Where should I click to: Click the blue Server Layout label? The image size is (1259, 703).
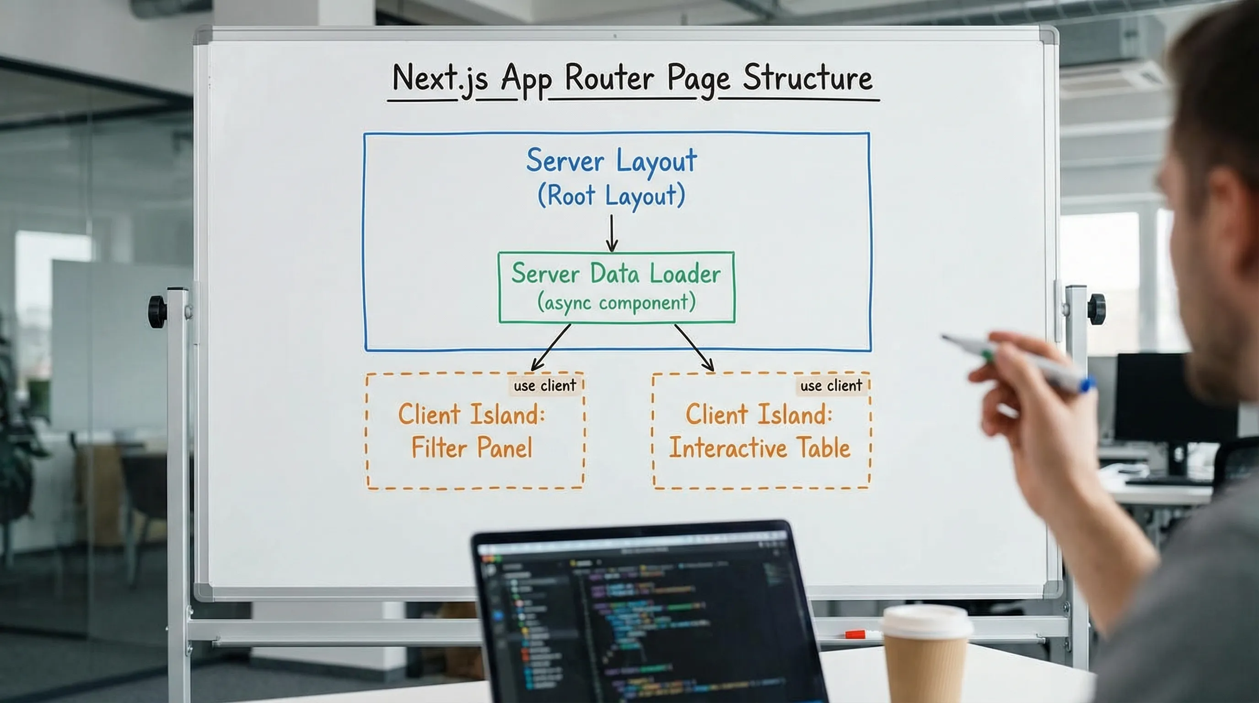(611, 160)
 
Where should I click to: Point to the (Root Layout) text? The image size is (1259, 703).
(611, 195)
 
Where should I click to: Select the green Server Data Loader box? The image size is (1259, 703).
(616, 287)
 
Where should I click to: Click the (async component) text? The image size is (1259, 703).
(616, 303)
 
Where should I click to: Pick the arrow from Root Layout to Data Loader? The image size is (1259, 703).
(611, 233)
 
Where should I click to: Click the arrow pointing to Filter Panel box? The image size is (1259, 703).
(551, 347)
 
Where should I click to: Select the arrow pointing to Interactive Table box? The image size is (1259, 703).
(694, 347)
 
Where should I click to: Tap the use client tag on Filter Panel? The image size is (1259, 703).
(544, 386)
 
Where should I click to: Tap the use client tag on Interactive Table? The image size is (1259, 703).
(831, 386)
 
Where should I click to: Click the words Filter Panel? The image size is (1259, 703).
(472, 447)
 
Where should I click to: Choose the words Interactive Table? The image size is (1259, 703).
(759, 447)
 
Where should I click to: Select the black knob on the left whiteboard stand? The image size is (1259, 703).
(157, 311)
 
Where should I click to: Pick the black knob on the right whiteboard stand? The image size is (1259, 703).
(1096, 309)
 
